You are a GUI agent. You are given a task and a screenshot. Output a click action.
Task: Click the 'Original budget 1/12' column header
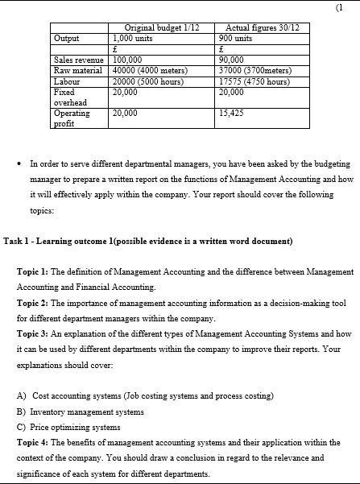tap(161, 28)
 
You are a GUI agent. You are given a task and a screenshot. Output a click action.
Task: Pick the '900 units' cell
tap(235, 38)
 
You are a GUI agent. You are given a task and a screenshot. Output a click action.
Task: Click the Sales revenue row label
tap(78, 60)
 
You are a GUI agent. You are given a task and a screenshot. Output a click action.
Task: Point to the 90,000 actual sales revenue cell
tap(231, 60)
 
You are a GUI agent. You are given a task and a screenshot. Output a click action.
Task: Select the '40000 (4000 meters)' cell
tap(149, 70)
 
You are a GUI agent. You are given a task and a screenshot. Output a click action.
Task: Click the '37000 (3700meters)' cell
tap(255, 70)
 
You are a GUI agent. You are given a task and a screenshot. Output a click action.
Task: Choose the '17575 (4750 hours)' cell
tap(254, 81)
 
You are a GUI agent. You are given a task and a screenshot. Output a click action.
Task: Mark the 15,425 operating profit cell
tap(231, 114)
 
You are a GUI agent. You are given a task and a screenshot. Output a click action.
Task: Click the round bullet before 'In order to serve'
tap(19, 163)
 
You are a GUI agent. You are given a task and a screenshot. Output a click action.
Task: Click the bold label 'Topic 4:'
tap(33, 442)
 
